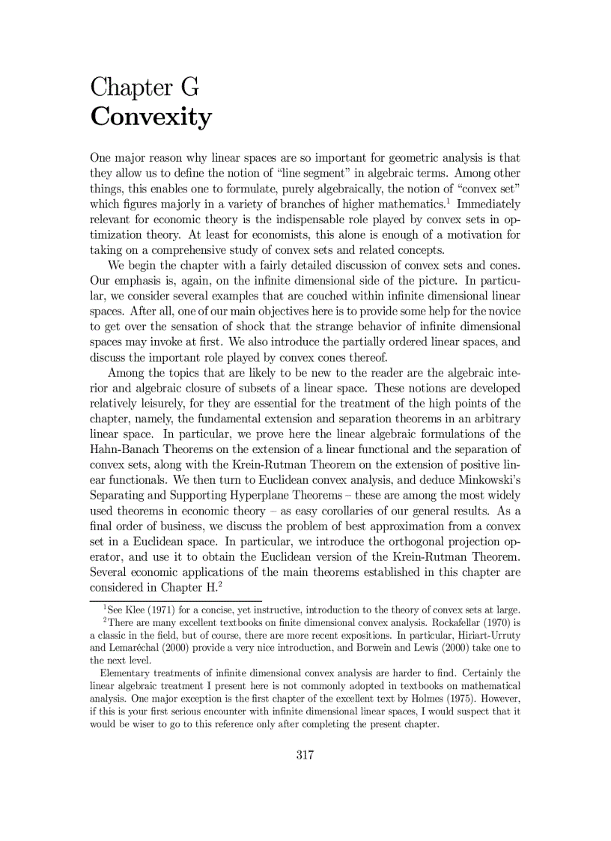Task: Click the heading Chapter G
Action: (145, 88)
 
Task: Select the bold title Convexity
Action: (151, 118)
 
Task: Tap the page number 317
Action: (305, 754)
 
